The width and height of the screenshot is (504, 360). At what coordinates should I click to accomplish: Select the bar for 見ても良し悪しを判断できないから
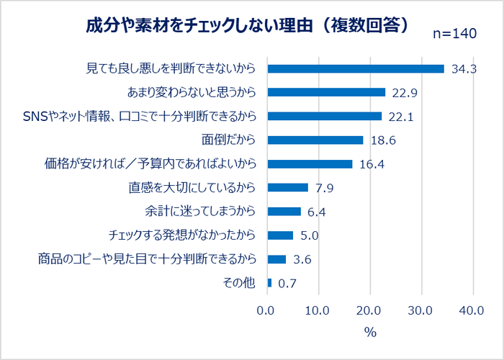356,68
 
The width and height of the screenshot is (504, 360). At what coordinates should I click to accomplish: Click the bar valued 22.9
326,92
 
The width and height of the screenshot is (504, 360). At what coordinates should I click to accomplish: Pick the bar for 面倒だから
315,140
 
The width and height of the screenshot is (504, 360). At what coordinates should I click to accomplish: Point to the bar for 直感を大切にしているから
287,188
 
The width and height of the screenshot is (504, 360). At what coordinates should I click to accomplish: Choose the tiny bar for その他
269,283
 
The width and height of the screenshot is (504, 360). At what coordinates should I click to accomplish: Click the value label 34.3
465,69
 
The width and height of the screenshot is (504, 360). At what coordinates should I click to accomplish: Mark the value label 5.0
310,235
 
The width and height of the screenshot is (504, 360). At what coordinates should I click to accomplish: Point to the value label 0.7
288,284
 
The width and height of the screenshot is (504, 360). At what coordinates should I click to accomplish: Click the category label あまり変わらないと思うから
192,92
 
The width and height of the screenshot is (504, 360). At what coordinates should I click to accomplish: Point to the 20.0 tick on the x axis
370,310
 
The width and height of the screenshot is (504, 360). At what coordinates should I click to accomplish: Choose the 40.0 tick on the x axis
473,310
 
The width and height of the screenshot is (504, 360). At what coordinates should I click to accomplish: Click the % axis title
370,333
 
